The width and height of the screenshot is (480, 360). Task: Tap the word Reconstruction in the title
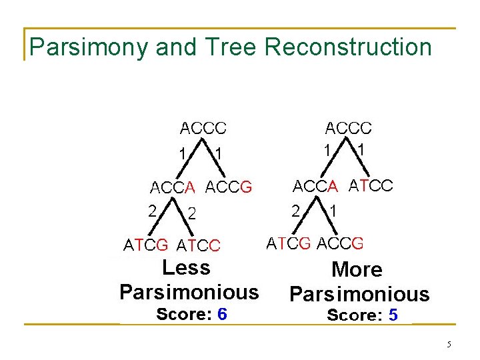point(348,47)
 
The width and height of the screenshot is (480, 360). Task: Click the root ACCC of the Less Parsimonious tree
point(203,127)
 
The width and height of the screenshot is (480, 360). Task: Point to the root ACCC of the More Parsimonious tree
point(348,127)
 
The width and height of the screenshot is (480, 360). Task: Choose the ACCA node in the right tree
point(316,185)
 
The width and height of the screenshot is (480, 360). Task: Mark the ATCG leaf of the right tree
point(289,243)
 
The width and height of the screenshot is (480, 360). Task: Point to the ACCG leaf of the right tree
point(341,243)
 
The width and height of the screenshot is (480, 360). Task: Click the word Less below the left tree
point(186,268)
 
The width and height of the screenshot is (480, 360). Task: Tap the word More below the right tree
point(357,270)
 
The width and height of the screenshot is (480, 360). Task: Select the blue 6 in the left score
point(222,314)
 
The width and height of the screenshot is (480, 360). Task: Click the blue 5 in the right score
point(393,315)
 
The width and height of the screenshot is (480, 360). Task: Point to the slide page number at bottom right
point(449,345)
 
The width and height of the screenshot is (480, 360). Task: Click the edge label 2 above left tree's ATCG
point(153,211)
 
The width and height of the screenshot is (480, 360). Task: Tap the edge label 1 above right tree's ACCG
point(333,211)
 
